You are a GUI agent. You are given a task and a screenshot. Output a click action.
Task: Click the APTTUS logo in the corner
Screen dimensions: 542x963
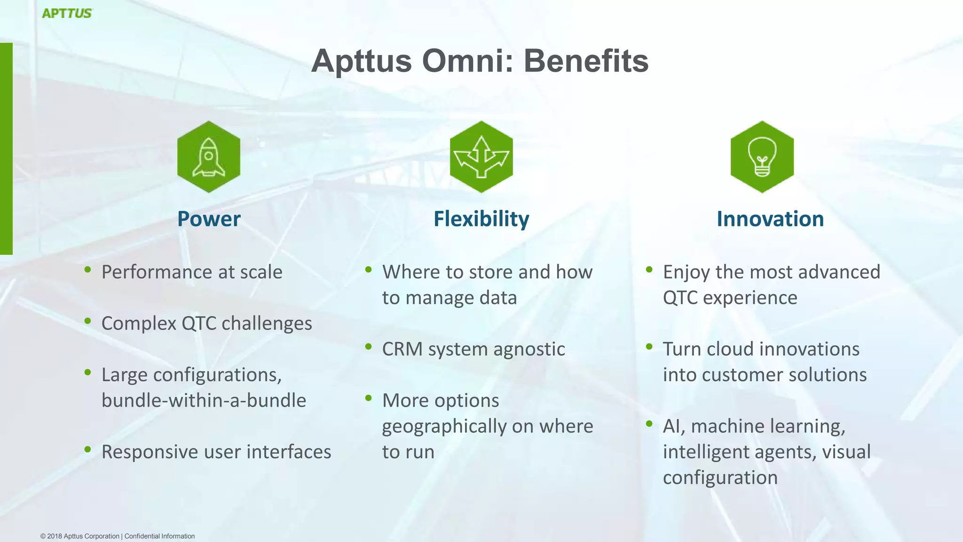tap(67, 13)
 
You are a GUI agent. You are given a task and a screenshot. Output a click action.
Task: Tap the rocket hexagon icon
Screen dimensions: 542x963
tap(209, 157)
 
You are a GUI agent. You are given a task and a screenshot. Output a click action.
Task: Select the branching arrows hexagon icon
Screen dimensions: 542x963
tap(481, 157)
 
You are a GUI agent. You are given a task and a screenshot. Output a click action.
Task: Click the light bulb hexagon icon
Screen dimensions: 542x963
tap(762, 157)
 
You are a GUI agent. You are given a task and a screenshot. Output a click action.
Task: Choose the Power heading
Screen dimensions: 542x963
tap(209, 219)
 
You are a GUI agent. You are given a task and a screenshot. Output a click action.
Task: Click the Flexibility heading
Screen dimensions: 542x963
tap(481, 219)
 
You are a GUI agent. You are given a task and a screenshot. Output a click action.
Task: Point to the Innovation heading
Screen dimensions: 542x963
tap(770, 219)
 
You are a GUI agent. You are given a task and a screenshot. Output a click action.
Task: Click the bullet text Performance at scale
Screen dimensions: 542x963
tap(192, 272)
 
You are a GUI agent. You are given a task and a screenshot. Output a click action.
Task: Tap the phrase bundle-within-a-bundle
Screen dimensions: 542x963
tap(204, 400)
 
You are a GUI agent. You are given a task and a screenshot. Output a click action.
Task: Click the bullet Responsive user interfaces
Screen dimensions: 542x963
tap(216, 452)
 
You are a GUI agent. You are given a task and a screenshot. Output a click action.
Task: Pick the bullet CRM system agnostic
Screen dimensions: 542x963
tap(473, 349)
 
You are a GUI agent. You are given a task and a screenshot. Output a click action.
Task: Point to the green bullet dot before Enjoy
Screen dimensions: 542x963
tap(649, 270)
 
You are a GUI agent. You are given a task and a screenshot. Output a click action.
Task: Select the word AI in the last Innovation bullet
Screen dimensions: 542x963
tap(673, 426)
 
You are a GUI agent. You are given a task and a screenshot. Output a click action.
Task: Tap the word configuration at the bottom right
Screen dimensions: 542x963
tap(720, 478)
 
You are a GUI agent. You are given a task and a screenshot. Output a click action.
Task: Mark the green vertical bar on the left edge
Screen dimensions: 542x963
tap(6, 149)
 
